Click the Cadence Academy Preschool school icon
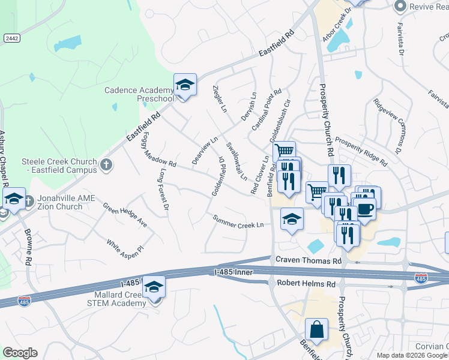click(x=185, y=85)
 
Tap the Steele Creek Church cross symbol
click(x=106, y=164)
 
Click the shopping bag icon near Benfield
click(x=316, y=329)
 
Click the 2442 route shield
click(x=12, y=38)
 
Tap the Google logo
click(x=20, y=353)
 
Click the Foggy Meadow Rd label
click(x=158, y=148)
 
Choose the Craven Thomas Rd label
click(x=308, y=261)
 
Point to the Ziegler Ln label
click(x=220, y=99)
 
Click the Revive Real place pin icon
click(x=400, y=7)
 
